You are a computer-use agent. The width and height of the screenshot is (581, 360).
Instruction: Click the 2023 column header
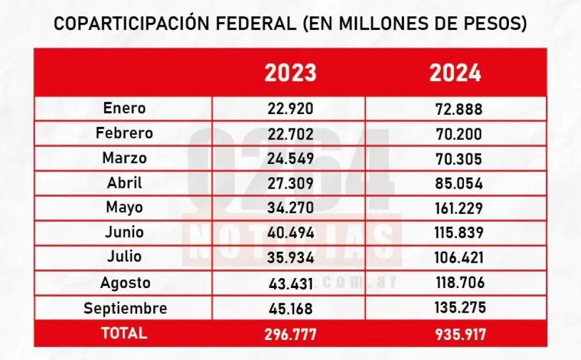click(290, 73)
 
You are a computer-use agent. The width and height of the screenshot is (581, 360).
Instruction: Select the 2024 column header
click(455, 73)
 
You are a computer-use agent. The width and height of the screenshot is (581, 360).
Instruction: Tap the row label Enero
click(124, 108)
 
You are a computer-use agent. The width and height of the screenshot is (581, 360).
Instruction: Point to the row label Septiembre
click(125, 308)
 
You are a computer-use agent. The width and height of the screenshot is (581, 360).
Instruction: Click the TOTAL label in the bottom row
click(124, 333)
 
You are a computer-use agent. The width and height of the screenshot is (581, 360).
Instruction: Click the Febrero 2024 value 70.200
click(455, 134)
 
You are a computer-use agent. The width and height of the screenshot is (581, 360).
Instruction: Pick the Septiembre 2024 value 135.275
click(455, 308)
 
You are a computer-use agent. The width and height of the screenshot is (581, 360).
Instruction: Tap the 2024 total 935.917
click(455, 334)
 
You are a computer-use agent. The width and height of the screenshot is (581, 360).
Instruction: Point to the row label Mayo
click(124, 208)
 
